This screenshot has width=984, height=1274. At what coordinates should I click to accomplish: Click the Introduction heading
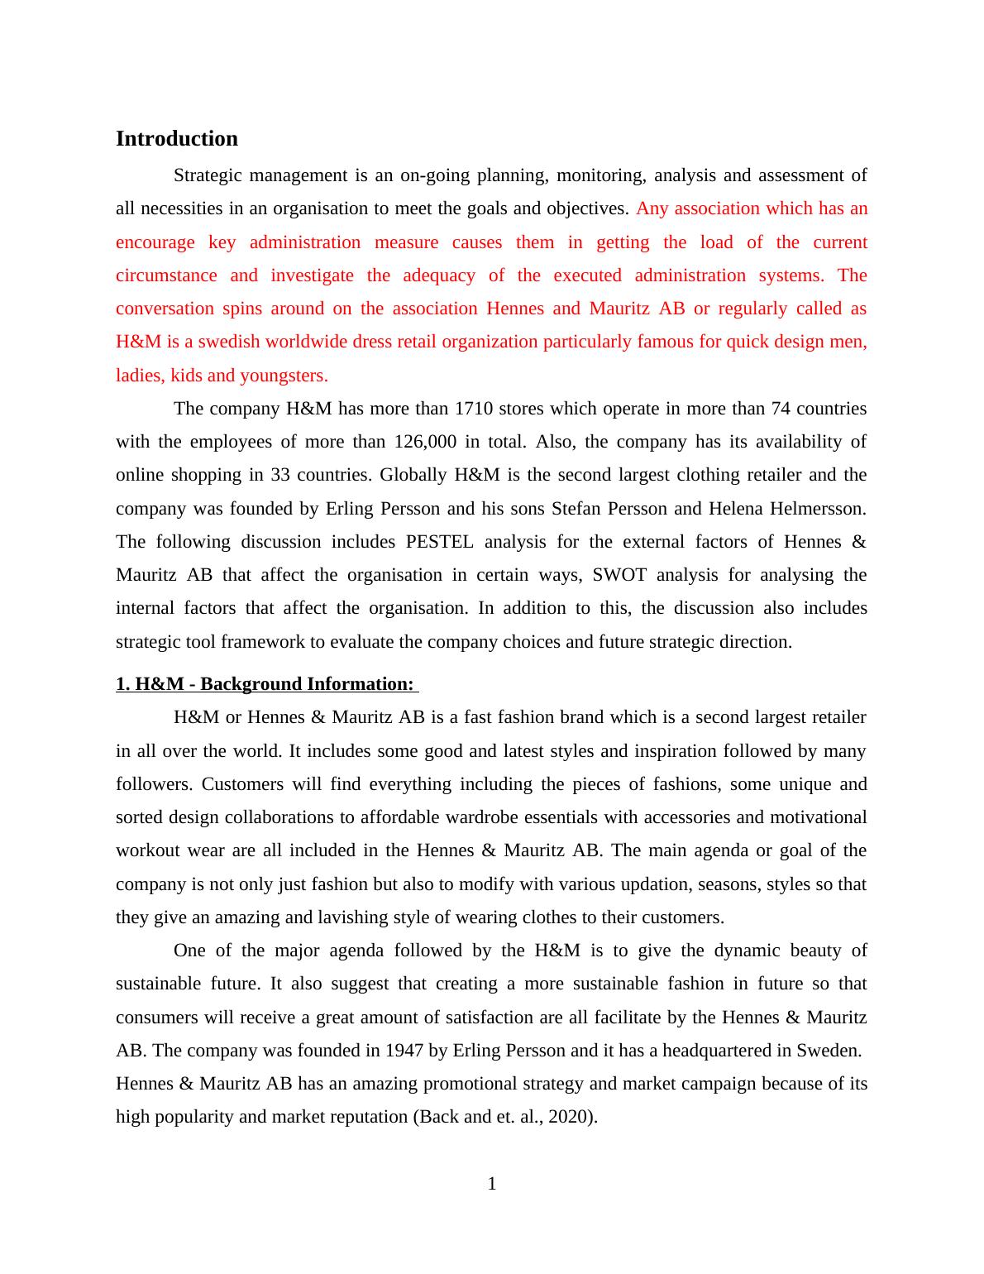[x=176, y=138]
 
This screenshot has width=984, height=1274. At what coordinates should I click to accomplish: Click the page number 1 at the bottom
[x=492, y=1184]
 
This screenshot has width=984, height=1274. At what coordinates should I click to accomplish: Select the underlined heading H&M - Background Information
[x=265, y=684]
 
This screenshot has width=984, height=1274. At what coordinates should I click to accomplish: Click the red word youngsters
[x=284, y=376]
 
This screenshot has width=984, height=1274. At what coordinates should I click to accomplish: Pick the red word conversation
[x=169, y=309]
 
